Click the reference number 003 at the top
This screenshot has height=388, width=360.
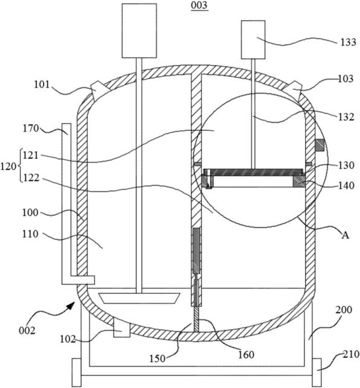(x=199, y=5)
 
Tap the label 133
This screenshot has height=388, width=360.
(x=348, y=42)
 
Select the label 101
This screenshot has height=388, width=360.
(x=42, y=85)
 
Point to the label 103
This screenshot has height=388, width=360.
(x=346, y=78)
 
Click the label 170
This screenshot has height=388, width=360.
(x=31, y=129)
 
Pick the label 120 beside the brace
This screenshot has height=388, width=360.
(x=8, y=167)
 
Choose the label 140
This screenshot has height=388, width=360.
(x=346, y=185)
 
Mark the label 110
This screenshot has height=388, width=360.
(x=30, y=234)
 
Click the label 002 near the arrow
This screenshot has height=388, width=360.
(x=27, y=331)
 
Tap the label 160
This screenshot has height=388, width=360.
(x=246, y=355)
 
